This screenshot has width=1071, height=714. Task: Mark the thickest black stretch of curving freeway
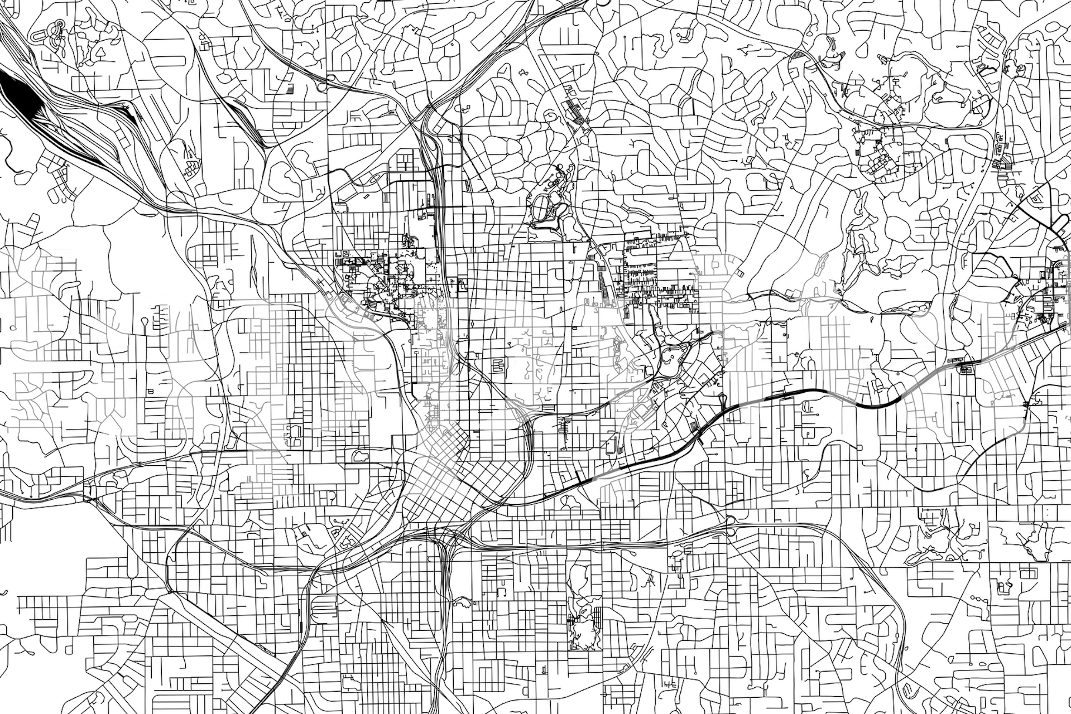click(871, 405)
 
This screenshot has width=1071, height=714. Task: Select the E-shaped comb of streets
click(497, 366)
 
